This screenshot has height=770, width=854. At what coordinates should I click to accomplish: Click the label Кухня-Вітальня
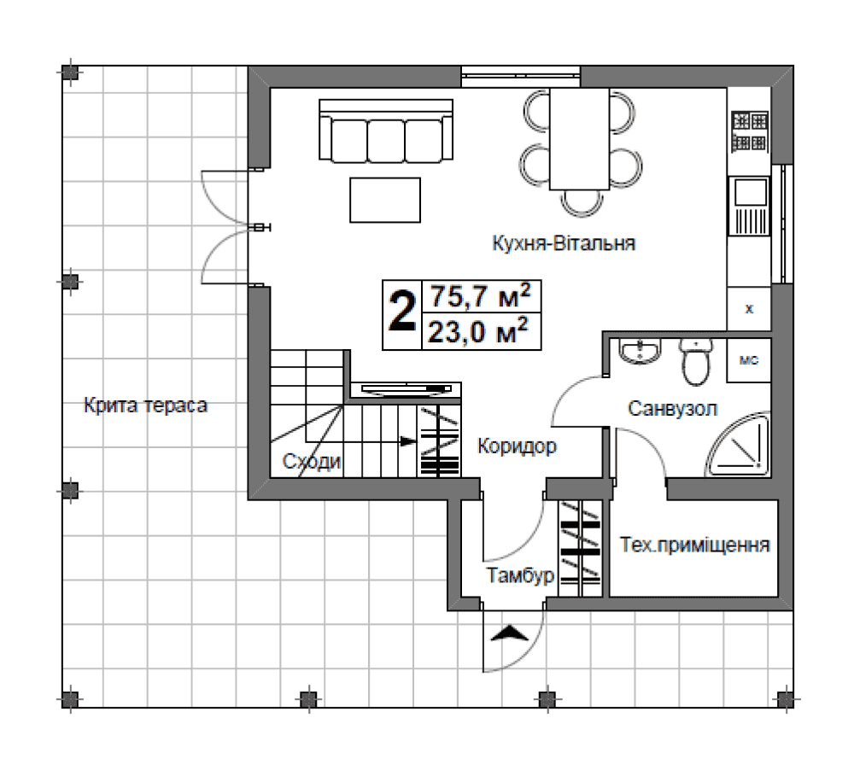click(x=564, y=243)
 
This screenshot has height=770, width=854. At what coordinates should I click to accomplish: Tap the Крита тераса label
click(x=145, y=405)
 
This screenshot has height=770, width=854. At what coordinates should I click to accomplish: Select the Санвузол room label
click(x=672, y=408)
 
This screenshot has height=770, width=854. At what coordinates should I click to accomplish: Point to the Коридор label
click(x=517, y=446)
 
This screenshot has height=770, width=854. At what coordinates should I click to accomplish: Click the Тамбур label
click(x=520, y=575)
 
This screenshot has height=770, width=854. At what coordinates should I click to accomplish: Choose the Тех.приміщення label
click(x=695, y=545)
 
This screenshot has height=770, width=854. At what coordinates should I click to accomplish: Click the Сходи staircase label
click(x=312, y=462)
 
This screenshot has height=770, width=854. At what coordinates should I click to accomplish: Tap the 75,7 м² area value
click(x=480, y=296)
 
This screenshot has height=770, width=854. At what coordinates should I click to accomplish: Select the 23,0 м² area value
click(x=478, y=331)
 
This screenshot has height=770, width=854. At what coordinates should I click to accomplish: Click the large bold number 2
click(x=402, y=313)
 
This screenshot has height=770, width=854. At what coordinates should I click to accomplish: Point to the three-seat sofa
click(x=386, y=131)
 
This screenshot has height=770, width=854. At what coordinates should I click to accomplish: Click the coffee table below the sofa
click(x=385, y=200)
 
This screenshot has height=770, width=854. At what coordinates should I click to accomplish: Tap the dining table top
click(x=579, y=139)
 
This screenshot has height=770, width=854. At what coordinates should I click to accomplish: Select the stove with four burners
click(x=750, y=131)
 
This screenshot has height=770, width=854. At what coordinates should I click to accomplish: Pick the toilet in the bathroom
click(x=695, y=362)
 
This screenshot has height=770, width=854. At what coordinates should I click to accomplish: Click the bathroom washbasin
click(x=640, y=351)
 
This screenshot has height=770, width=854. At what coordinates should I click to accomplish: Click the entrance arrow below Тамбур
click(x=510, y=633)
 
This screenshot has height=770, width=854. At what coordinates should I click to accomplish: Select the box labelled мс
click(x=749, y=360)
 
